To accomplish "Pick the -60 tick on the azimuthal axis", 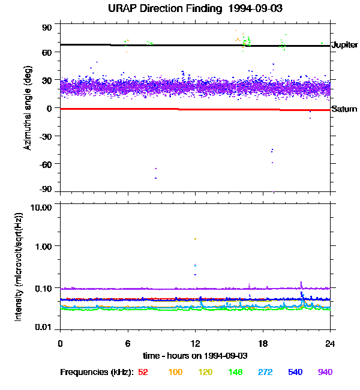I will point(45,164).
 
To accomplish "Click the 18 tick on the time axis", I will point(263,344).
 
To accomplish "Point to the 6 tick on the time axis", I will point(128,344).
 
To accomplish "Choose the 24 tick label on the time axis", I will point(331,344).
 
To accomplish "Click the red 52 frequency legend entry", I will point(143,372).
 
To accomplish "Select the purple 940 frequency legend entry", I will point(325,372).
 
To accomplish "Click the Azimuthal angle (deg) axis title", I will point(28,108).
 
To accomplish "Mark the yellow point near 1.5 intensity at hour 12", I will point(195,239).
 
